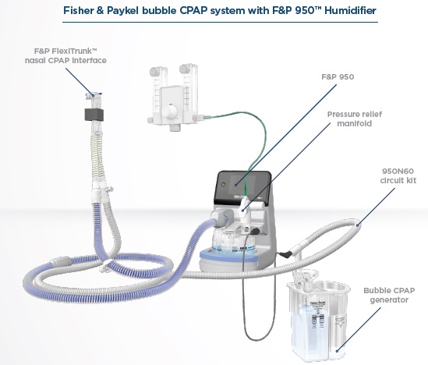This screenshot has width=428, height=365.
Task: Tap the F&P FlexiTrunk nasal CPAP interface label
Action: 65,55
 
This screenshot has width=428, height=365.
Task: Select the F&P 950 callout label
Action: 338,76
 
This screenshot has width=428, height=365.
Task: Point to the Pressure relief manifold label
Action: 355,119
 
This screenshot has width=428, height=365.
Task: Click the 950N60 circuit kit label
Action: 398,175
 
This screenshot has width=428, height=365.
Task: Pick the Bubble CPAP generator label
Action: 389,295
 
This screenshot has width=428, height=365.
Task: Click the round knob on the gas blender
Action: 169,112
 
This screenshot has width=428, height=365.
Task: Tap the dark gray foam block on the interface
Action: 94,114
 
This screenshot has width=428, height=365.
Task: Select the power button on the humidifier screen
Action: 224,185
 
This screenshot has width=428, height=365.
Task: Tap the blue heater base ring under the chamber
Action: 229,256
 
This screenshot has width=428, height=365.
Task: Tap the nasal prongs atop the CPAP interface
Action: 94,95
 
